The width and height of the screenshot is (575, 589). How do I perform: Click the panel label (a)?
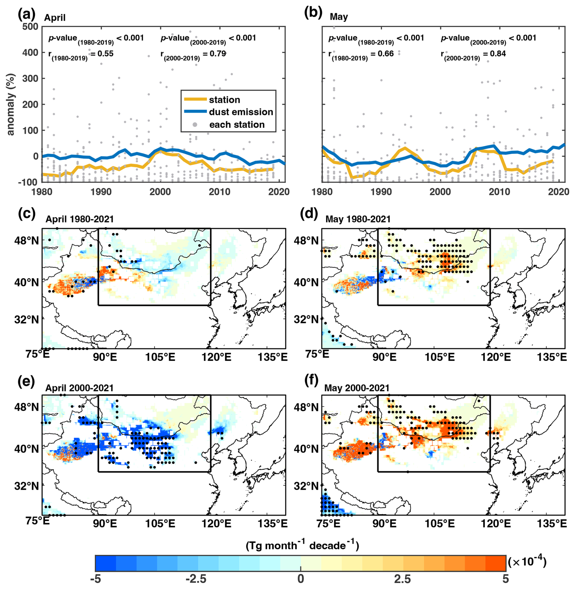pos(26,15)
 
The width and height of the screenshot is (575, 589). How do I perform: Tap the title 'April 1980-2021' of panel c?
pos(80,219)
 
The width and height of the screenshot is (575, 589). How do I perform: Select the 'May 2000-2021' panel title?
pos(357,388)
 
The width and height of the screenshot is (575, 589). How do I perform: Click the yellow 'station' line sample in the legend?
pos(195,99)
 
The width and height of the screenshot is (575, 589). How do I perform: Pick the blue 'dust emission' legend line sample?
pos(195,112)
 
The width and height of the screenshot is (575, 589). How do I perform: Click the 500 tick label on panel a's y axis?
pos(30,26)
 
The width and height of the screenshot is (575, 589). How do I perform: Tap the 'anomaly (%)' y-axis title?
pos(11,104)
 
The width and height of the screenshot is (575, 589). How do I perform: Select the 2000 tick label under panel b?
pos(440,192)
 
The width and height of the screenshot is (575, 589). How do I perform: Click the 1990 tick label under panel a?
pos(101,192)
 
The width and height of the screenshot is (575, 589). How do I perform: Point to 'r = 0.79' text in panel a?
pos(193,55)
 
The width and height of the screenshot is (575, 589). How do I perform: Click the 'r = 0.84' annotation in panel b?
pos(473,55)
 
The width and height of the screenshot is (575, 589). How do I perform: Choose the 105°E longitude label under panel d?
pos(440,357)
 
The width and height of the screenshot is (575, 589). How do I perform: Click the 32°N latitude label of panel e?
pos(27,486)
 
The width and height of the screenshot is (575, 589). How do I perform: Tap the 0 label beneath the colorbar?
pos(301,579)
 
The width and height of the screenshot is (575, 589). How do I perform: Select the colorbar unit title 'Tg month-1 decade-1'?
pos(302,546)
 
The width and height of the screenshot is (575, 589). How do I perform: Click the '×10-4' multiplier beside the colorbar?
pos(527,562)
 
